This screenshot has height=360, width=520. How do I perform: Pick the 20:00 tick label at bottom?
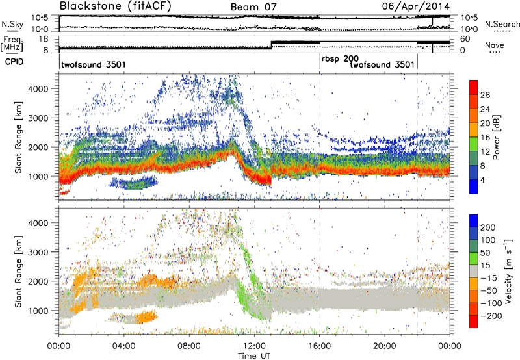(385, 345)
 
